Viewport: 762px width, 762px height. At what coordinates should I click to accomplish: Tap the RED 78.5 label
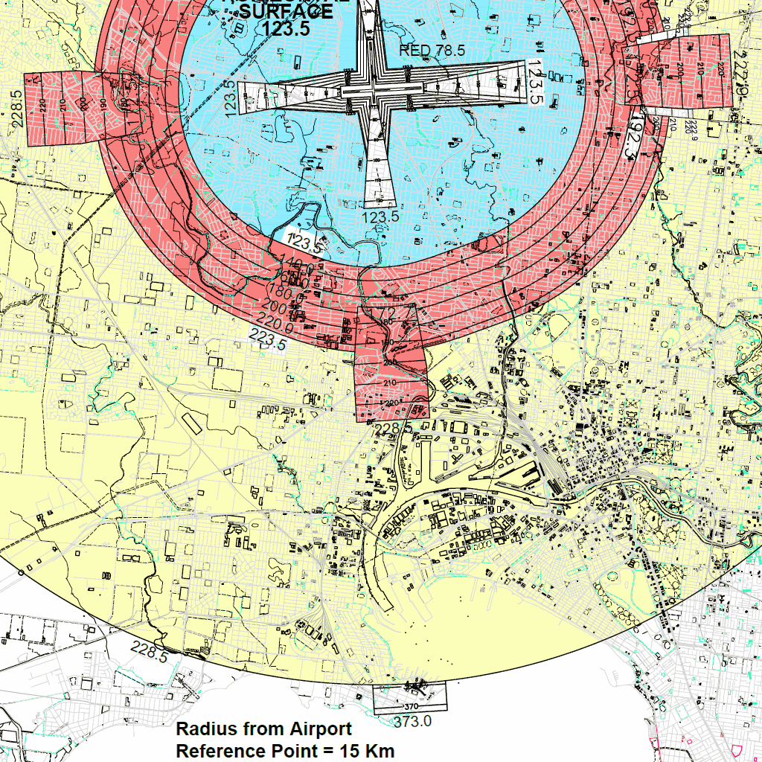click(432, 51)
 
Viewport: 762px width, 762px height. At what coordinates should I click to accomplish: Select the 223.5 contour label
click(268, 342)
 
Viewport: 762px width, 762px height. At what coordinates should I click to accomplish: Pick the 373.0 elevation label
click(413, 720)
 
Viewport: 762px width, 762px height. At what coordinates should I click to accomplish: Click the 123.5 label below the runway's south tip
click(380, 217)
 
